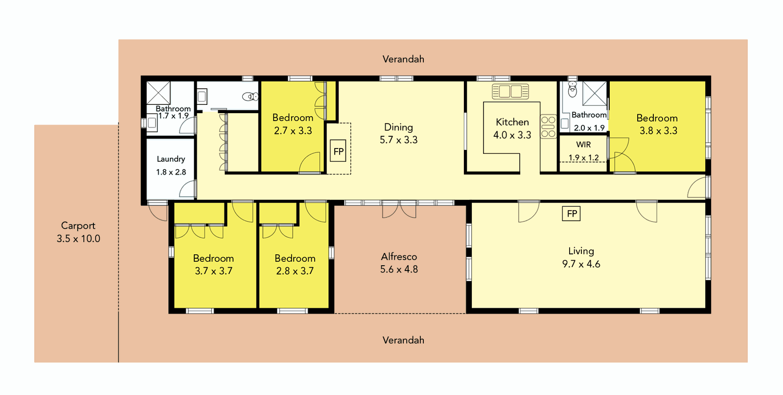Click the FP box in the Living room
572,214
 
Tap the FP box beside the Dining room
338,151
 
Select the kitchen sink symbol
510,91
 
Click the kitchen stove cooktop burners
548,126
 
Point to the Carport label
78,226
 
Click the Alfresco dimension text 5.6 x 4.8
399,269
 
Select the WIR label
583,145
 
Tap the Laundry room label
171,159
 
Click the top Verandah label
403,59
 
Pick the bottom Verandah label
403,340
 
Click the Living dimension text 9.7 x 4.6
581,264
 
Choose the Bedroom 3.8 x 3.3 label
657,118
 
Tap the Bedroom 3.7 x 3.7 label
213,258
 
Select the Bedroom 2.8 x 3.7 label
295,258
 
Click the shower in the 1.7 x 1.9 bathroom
159,93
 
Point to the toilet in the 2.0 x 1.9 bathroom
573,90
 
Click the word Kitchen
512,122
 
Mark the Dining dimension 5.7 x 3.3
399,140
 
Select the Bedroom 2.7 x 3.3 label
293,118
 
